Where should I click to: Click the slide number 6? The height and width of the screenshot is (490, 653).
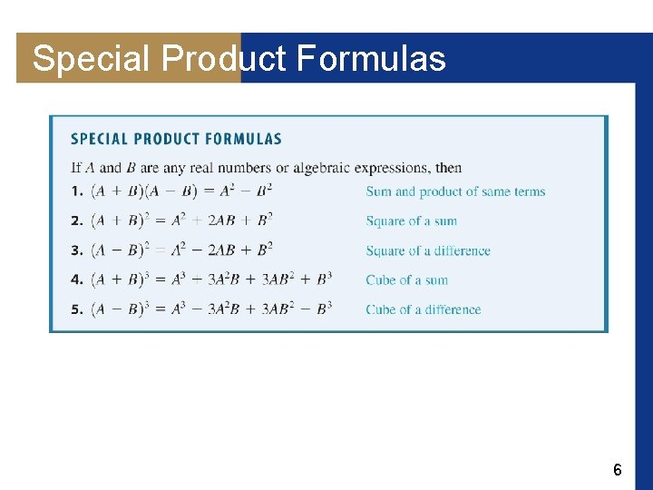617,470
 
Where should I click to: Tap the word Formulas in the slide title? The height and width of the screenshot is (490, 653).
371,60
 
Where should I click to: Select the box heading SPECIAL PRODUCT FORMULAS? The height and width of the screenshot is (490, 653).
176,139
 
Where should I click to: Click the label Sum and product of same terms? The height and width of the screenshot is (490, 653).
455,191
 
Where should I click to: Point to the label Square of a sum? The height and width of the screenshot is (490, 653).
411,221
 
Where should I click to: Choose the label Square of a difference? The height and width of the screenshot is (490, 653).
428,250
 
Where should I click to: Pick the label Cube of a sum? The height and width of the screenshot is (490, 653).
406,279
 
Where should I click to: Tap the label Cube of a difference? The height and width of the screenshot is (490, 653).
424,309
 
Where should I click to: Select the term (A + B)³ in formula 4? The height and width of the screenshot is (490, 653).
122,279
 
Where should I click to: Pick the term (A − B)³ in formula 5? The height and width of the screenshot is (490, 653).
122,309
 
